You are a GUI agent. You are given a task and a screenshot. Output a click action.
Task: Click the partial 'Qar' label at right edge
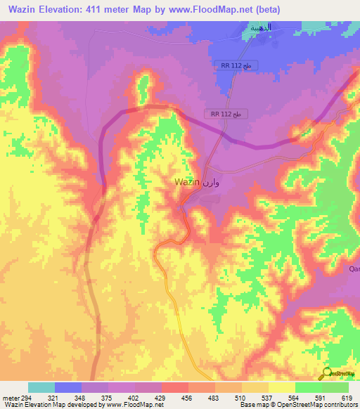point(354,268)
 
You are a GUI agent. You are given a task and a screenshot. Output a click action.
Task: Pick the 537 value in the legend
point(269,398)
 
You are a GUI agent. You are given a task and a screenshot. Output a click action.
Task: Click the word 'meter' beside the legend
point(10,398)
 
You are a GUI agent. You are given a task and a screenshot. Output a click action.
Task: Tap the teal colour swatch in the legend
point(41,387)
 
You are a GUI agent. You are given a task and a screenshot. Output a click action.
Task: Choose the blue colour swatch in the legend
point(68,387)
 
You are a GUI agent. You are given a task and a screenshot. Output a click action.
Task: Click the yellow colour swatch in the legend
point(282,387)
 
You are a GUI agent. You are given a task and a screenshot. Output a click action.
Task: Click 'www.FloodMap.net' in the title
point(219,9)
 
